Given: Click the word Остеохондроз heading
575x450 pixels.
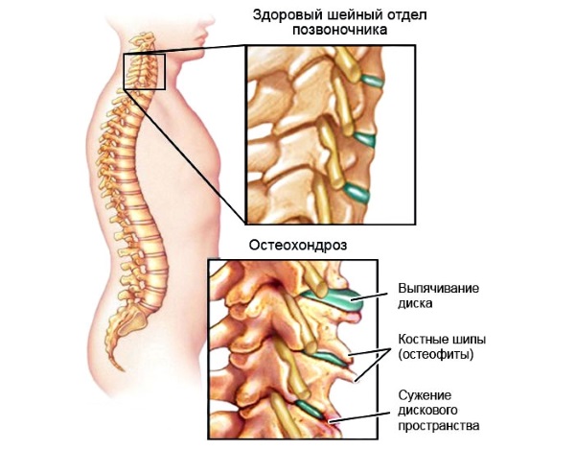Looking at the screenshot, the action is tap(298, 245).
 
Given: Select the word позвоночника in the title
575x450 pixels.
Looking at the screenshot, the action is tap(339, 30).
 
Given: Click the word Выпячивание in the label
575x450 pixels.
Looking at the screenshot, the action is tap(439, 288).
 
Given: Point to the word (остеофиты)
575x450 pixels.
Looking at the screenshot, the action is tap(436, 355).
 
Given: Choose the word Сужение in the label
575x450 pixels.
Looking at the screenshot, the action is tap(425, 395).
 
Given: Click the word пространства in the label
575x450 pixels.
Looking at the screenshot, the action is tap(439, 426).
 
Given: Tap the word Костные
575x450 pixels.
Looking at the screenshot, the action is tap(423, 339).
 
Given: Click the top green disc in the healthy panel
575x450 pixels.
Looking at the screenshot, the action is tap(372, 82).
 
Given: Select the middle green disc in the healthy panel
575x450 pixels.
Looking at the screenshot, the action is tap(365, 139).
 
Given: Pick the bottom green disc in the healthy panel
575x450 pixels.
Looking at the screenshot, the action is tap(356, 192).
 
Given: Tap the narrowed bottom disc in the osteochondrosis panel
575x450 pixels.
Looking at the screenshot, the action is tap(310, 410).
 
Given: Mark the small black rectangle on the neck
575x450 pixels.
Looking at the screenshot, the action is tap(145, 55).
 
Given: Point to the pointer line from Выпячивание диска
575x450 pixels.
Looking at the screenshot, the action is tap(369, 296).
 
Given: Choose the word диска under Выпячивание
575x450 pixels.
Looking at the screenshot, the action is tap(415, 303).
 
